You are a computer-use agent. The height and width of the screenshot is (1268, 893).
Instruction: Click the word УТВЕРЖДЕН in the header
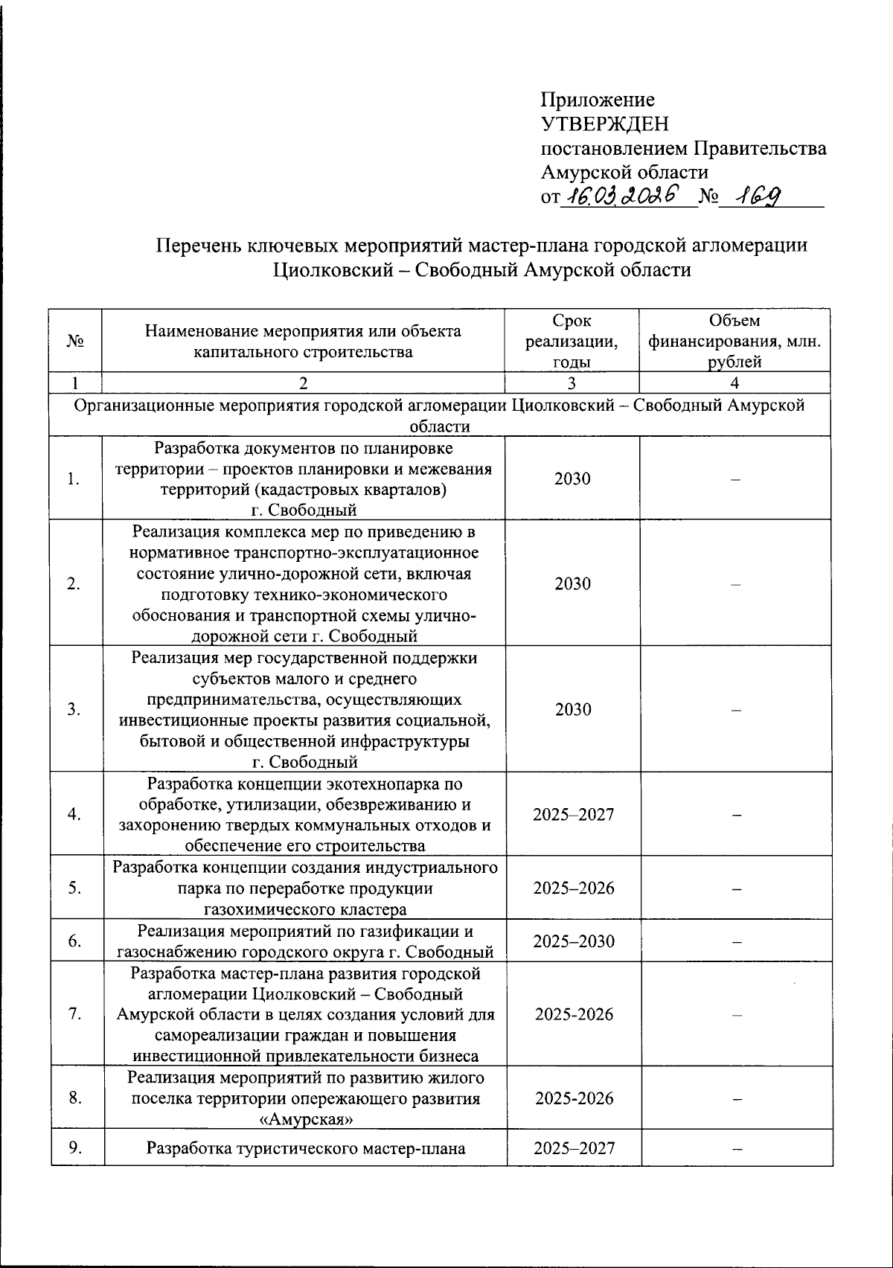[604, 124]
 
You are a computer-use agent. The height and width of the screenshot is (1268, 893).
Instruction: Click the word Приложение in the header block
[598, 100]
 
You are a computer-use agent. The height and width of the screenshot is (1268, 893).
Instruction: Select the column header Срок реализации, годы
[572, 341]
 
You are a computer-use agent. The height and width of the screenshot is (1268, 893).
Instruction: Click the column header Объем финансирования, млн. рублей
[734, 341]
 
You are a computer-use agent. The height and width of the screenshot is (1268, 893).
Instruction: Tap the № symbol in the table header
[75, 341]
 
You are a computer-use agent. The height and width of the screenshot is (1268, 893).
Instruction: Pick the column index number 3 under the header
[572, 383]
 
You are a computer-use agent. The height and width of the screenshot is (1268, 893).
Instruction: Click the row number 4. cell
[74, 814]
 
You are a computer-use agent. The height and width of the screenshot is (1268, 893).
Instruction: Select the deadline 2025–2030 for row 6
[574, 941]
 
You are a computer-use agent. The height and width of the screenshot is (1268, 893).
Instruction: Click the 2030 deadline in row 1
[572, 478]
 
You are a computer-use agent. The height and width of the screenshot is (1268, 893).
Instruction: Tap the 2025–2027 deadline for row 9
[574, 1147]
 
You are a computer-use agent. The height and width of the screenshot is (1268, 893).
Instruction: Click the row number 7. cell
[74, 1014]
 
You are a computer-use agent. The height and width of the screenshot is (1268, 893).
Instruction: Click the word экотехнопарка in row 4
[380, 784]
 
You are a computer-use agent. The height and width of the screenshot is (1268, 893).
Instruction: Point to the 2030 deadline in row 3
[572, 709]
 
